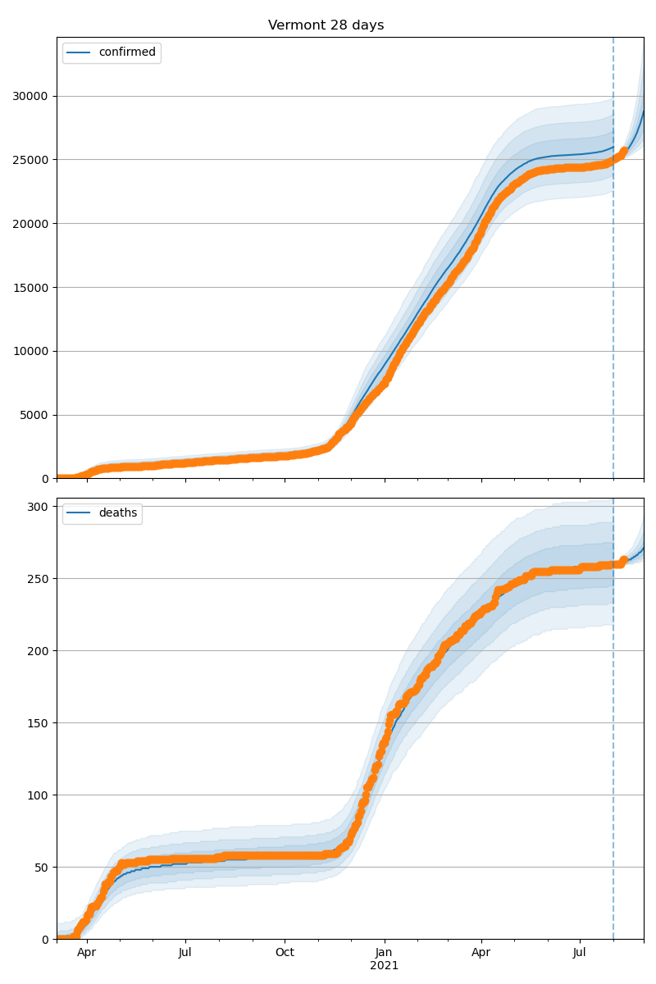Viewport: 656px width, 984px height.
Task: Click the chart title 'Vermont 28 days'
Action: tap(326, 25)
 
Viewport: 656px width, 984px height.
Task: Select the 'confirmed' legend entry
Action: tap(126, 52)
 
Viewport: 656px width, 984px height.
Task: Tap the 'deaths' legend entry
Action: tap(117, 513)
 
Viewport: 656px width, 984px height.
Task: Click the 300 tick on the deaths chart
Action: tap(39, 507)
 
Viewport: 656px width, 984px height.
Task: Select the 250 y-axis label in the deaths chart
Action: tap(39, 579)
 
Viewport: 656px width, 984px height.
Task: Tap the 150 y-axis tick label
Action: tap(39, 723)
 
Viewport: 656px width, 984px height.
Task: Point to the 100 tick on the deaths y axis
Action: tap(39, 795)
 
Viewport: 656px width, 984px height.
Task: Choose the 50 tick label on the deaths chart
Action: tap(43, 868)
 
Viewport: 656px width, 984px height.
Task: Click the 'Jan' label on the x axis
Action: tap(384, 953)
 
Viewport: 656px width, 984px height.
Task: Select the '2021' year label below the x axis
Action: tap(384, 966)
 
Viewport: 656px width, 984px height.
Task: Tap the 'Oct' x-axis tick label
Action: tap(285, 953)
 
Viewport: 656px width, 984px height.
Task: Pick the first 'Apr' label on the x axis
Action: tap(86, 953)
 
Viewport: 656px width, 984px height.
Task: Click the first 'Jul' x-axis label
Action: tap(185, 953)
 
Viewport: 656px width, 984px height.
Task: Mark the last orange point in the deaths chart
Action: tap(623, 561)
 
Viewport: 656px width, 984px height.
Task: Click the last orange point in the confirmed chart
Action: tap(624, 151)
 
